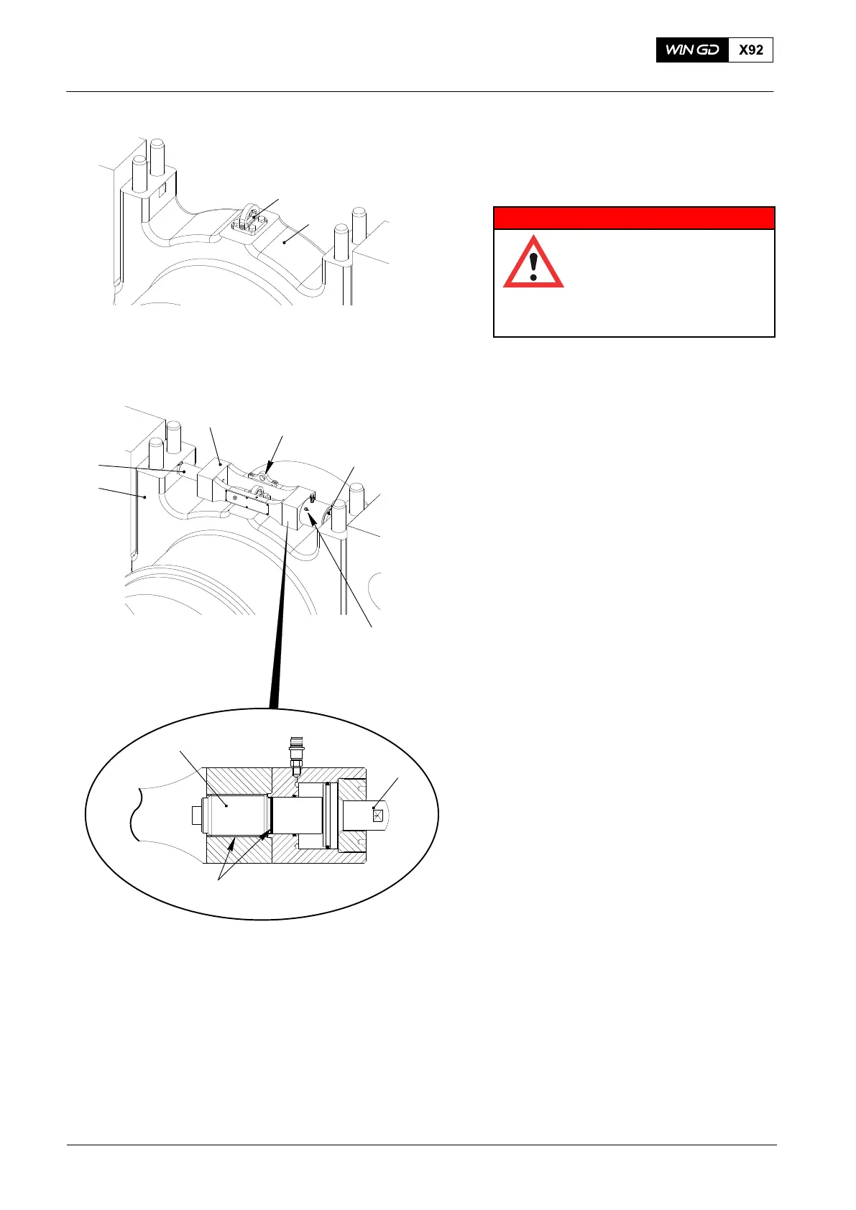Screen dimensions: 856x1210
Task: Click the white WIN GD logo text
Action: pos(692,50)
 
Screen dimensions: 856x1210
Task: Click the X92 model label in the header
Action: pos(750,50)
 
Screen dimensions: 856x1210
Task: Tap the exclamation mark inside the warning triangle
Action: pos(533,266)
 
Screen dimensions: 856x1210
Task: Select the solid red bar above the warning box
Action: pos(634,218)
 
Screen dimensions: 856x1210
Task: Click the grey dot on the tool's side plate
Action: pos(234,497)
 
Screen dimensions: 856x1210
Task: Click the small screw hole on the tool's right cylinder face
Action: pos(307,509)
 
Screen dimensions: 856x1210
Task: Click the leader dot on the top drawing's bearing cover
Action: pos(285,243)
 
